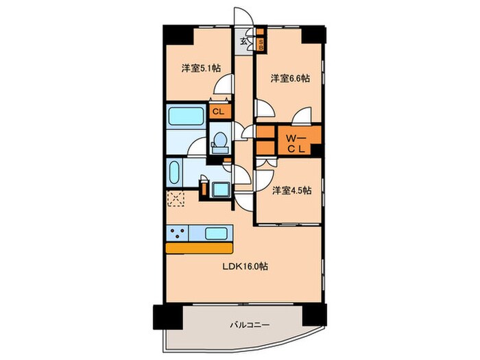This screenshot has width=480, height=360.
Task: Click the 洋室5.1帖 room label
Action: pyautogui.click(x=201, y=68)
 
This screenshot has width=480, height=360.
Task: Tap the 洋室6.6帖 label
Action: pyautogui.click(x=290, y=79)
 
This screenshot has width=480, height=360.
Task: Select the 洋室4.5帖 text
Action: pyautogui.click(x=292, y=191)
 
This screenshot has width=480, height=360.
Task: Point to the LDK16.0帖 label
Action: pyautogui.click(x=245, y=267)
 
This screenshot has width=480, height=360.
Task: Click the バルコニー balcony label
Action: pyautogui.click(x=250, y=325)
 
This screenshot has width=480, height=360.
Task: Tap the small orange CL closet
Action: pyautogui.click(x=218, y=112)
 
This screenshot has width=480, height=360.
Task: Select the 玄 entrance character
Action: pyautogui.click(x=243, y=40)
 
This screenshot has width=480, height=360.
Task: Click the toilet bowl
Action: pyautogui.click(x=220, y=141)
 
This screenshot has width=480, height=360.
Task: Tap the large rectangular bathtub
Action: pyautogui.click(x=186, y=116)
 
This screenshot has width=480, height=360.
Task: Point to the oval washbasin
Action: pyautogui.click(x=174, y=172)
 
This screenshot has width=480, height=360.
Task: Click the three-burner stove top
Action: pyautogui.click(x=177, y=234)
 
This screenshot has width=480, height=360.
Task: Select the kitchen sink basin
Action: pyautogui.click(x=217, y=234)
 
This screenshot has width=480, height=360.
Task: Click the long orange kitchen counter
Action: pyautogui.click(x=200, y=248)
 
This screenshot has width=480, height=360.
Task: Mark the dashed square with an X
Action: pyautogui.click(x=176, y=199)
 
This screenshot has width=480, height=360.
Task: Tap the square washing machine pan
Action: pyautogui.click(x=221, y=190)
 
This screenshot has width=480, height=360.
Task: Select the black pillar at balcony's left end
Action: pyautogui.click(x=166, y=317)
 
